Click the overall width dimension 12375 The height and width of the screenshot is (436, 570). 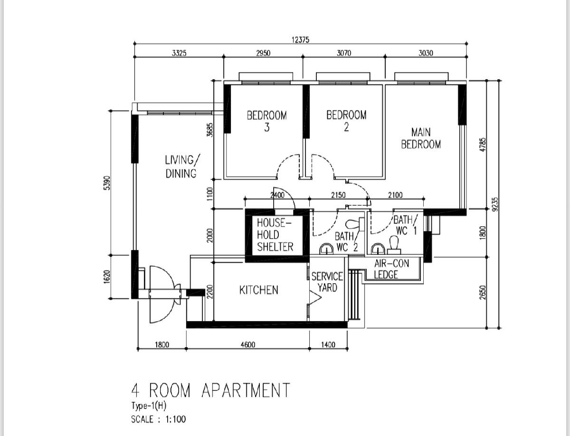pos(300,40)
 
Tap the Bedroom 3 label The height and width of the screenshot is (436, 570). pos(266,121)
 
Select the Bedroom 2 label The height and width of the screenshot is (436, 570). pos(346,121)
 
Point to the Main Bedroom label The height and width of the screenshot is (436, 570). pos(421,138)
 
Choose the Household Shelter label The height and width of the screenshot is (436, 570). pos(275,235)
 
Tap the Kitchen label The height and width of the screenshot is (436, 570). pos(258,290)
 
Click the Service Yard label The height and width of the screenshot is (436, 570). pos(327,282)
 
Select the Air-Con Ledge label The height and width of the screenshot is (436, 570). pos(391,269)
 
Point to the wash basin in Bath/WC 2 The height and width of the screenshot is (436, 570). pos(326,249)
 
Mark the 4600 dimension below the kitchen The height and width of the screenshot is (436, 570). pos(247,345)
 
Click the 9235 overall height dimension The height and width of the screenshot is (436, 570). pos(495,204)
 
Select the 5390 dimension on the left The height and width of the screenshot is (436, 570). pos(107,183)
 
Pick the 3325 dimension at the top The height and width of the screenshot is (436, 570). pos(179,53)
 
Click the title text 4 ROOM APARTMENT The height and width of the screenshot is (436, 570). pos(210,390)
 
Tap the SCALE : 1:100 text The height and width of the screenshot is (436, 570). pos(158,419)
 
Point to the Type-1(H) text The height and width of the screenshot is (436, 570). pos(149,406)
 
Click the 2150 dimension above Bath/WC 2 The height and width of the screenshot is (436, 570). pos(338,195)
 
